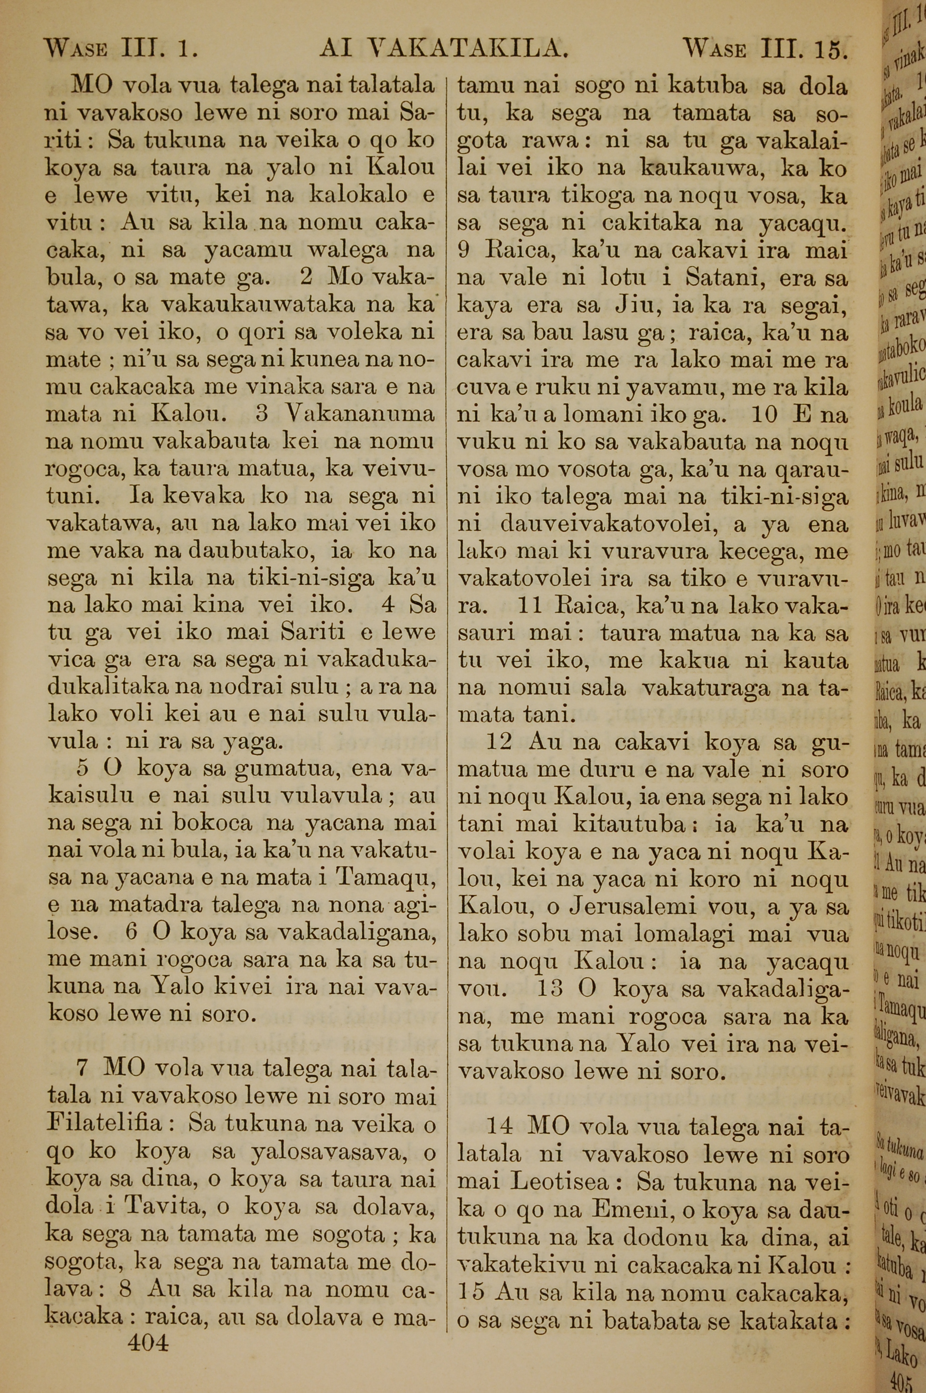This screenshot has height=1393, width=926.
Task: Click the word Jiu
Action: pos(630,307)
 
